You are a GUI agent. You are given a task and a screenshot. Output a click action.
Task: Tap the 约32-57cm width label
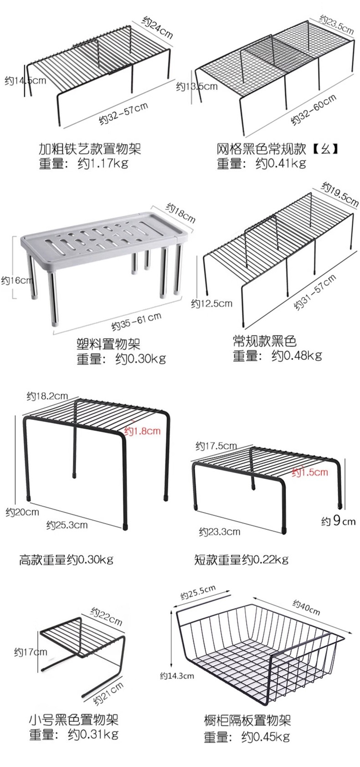pyautogui.click(x=124, y=113)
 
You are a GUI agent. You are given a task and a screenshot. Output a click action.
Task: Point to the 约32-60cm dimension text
pyautogui.click(x=314, y=109)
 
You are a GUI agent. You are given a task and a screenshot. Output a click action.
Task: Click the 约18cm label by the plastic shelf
pyautogui.click(x=180, y=212)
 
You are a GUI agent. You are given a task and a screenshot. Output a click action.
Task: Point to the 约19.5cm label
pyautogui.click(x=340, y=194)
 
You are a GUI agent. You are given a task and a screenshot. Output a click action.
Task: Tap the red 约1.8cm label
pyautogui.click(x=143, y=430)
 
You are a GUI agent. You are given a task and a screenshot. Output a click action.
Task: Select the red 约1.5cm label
pyautogui.click(x=310, y=472)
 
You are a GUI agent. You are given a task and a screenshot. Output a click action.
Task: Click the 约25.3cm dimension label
pyautogui.click(x=67, y=525)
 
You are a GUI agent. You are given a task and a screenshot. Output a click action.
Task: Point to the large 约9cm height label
pyautogui.click(x=338, y=521)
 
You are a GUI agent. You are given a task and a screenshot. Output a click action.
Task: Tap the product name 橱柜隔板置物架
pyautogui.click(x=247, y=720)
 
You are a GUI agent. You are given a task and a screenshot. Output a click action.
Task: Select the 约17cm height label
pyautogui.click(x=31, y=652)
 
